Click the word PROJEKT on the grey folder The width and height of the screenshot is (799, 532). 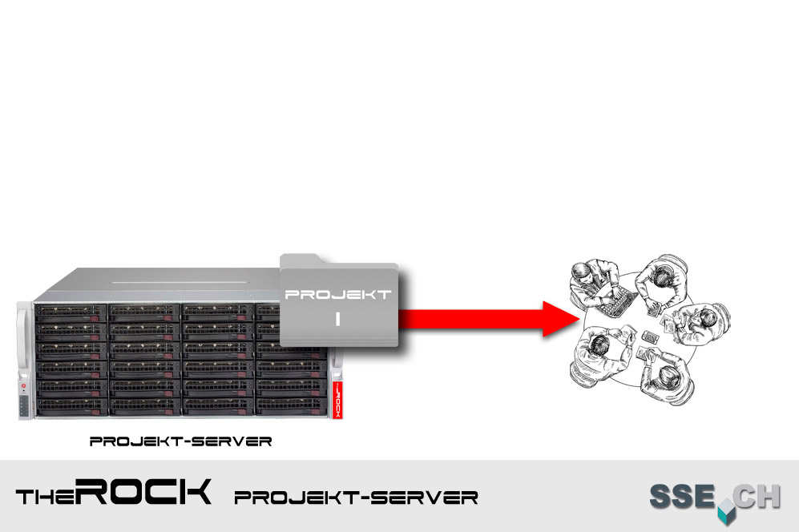tap(338, 294)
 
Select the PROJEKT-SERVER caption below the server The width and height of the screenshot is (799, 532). tap(180, 441)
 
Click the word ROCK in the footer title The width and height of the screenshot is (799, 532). tap(147, 493)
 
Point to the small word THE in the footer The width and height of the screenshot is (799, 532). tap(46, 498)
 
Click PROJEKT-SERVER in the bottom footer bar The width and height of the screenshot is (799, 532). tap(356, 498)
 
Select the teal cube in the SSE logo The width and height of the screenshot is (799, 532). tap(725, 510)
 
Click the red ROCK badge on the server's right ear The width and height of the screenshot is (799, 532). tap(337, 396)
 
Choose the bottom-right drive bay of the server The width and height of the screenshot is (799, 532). tap(290, 405)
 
